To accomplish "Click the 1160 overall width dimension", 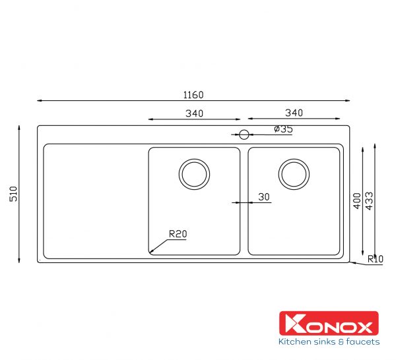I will tap(193, 95).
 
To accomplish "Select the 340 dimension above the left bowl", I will tap(194, 113).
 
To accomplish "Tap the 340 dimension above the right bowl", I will tap(294, 113).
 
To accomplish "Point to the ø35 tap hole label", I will tap(282, 129).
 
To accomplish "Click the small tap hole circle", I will tap(244, 135).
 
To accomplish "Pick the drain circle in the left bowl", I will tap(194, 174).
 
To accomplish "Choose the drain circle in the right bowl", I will tap(294, 174).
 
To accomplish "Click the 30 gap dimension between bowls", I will tap(264, 196).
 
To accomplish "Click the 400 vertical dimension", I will tap(357, 201).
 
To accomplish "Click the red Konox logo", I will tap(329, 324).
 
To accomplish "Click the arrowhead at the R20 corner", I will tap(151, 252).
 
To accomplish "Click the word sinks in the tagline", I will tap(325, 342).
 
